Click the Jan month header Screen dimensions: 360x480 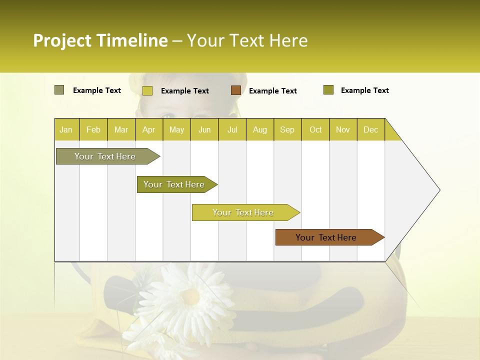66,130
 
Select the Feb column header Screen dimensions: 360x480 93,130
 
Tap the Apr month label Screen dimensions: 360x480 148,130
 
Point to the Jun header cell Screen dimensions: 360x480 204,130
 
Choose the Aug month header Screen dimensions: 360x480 259,130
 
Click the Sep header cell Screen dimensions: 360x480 287,130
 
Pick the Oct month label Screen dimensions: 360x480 315,130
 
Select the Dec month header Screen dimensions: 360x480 370,130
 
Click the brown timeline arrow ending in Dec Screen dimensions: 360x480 327,237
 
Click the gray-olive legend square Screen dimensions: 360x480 59,90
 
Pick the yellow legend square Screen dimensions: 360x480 147,90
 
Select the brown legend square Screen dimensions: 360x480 236,90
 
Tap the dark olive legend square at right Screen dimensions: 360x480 328,90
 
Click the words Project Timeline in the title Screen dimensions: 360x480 100,40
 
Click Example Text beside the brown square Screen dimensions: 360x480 272,91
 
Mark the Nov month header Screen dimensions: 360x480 343,130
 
